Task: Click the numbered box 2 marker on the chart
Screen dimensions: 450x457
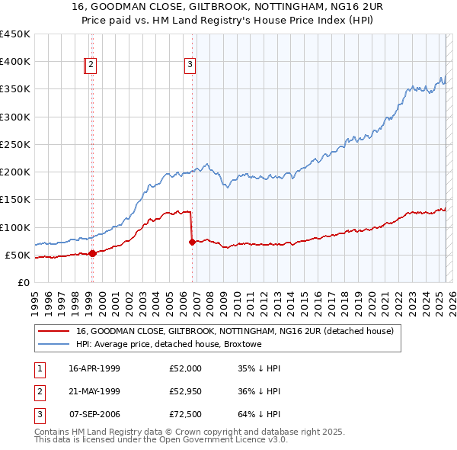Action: click(91, 66)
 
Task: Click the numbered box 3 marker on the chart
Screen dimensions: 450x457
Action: click(190, 66)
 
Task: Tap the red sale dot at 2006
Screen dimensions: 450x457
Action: click(192, 242)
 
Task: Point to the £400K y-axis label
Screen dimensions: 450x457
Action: click(15, 62)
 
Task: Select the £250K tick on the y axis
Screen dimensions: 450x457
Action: click(15, 144)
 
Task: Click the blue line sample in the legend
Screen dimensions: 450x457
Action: click(55, 345)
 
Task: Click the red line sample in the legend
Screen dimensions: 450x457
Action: click(55, 331)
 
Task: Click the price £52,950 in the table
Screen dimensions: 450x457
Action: click(186, 392)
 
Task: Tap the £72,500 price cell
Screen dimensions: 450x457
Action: click(186, 416)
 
